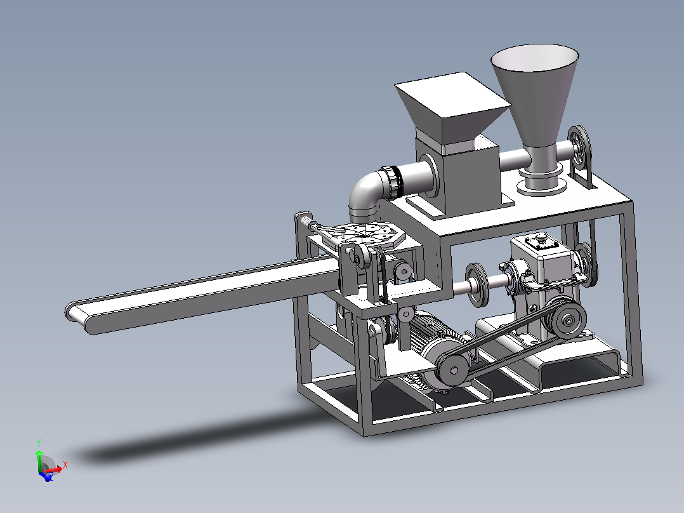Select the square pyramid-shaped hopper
pos(452,107)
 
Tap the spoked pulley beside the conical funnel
pos(579,149)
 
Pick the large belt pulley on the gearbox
pos(567,319)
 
